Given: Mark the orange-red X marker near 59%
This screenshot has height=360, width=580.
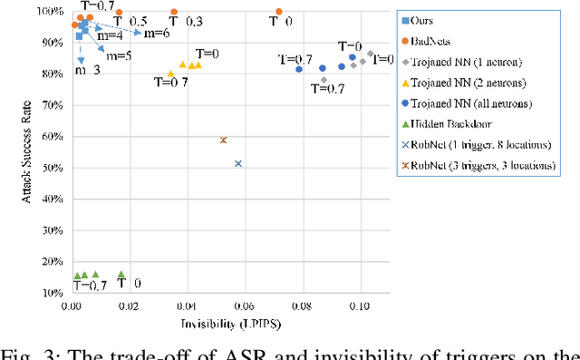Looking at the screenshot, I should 223,140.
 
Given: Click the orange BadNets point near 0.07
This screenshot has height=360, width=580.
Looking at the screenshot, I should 278,12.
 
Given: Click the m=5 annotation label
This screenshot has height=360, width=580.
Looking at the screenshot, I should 118,55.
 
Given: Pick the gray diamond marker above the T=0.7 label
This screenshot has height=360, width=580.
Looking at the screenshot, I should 324,80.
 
